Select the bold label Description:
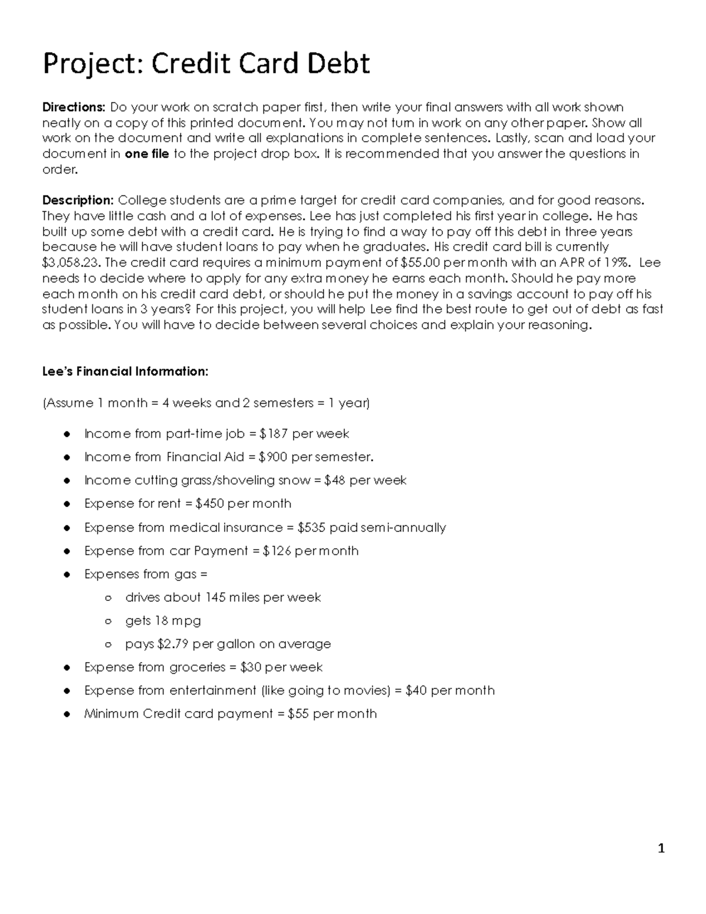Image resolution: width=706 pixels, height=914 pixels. coord(78,201)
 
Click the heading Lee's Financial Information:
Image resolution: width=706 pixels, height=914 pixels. coord(125,371)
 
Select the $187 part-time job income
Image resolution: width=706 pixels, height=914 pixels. coord(274,434)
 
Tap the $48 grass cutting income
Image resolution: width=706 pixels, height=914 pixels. coord(335,480)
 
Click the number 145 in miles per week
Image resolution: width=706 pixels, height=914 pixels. coord(215,597)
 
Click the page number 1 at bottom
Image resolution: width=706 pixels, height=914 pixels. coord(661,848)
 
